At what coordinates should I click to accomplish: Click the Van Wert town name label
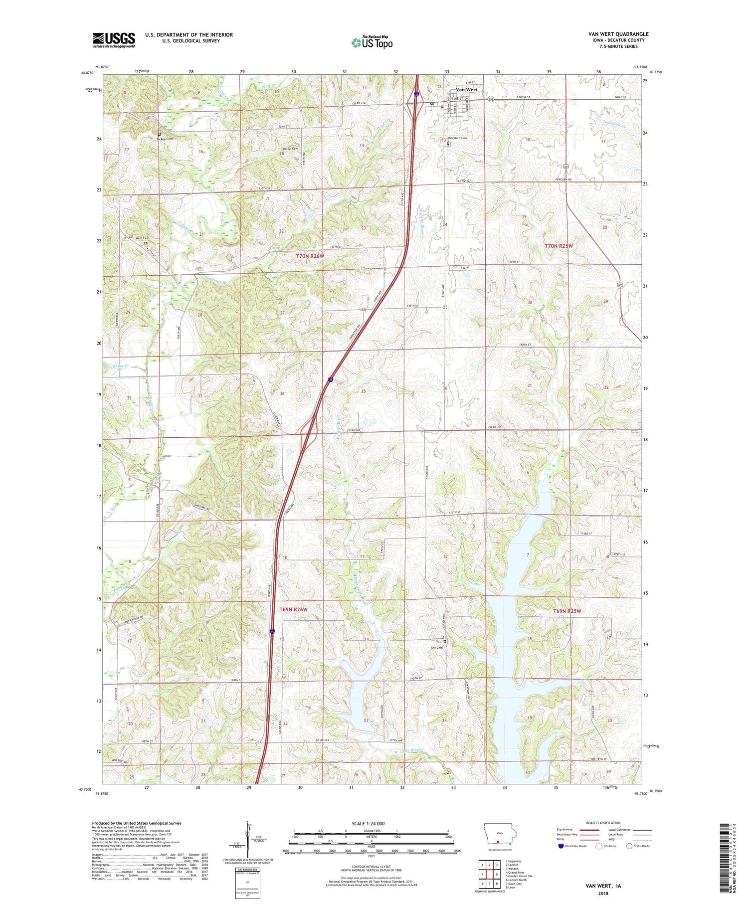pyautogui.click(x=467, y=90)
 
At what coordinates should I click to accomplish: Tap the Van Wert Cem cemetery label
pyautogui.click(x=457, y=138)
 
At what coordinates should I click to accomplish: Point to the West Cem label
pyautogui.click(x=142, y=238)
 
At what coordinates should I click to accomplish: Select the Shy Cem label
pyautogui.click(x=436, y=648)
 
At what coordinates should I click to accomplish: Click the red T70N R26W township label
pyautogui.click(x=310, y=256)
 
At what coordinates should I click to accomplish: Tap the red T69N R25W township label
pyautogui.click(x=567, y=611)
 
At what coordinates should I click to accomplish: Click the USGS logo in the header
pyautogui.click(x=114, y=40)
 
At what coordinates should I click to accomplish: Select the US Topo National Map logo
pyautogui.click(x=372, y=42)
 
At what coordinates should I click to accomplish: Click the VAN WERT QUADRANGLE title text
pyautogui.click(x=618, y=34)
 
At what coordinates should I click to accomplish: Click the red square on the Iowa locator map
pyautogui.click(x=498, y=840)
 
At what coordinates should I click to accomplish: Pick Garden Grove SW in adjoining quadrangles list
pyautogui.click(x=519, y=876)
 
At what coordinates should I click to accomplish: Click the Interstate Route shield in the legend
pyautogui.click(x=561, y=846)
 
